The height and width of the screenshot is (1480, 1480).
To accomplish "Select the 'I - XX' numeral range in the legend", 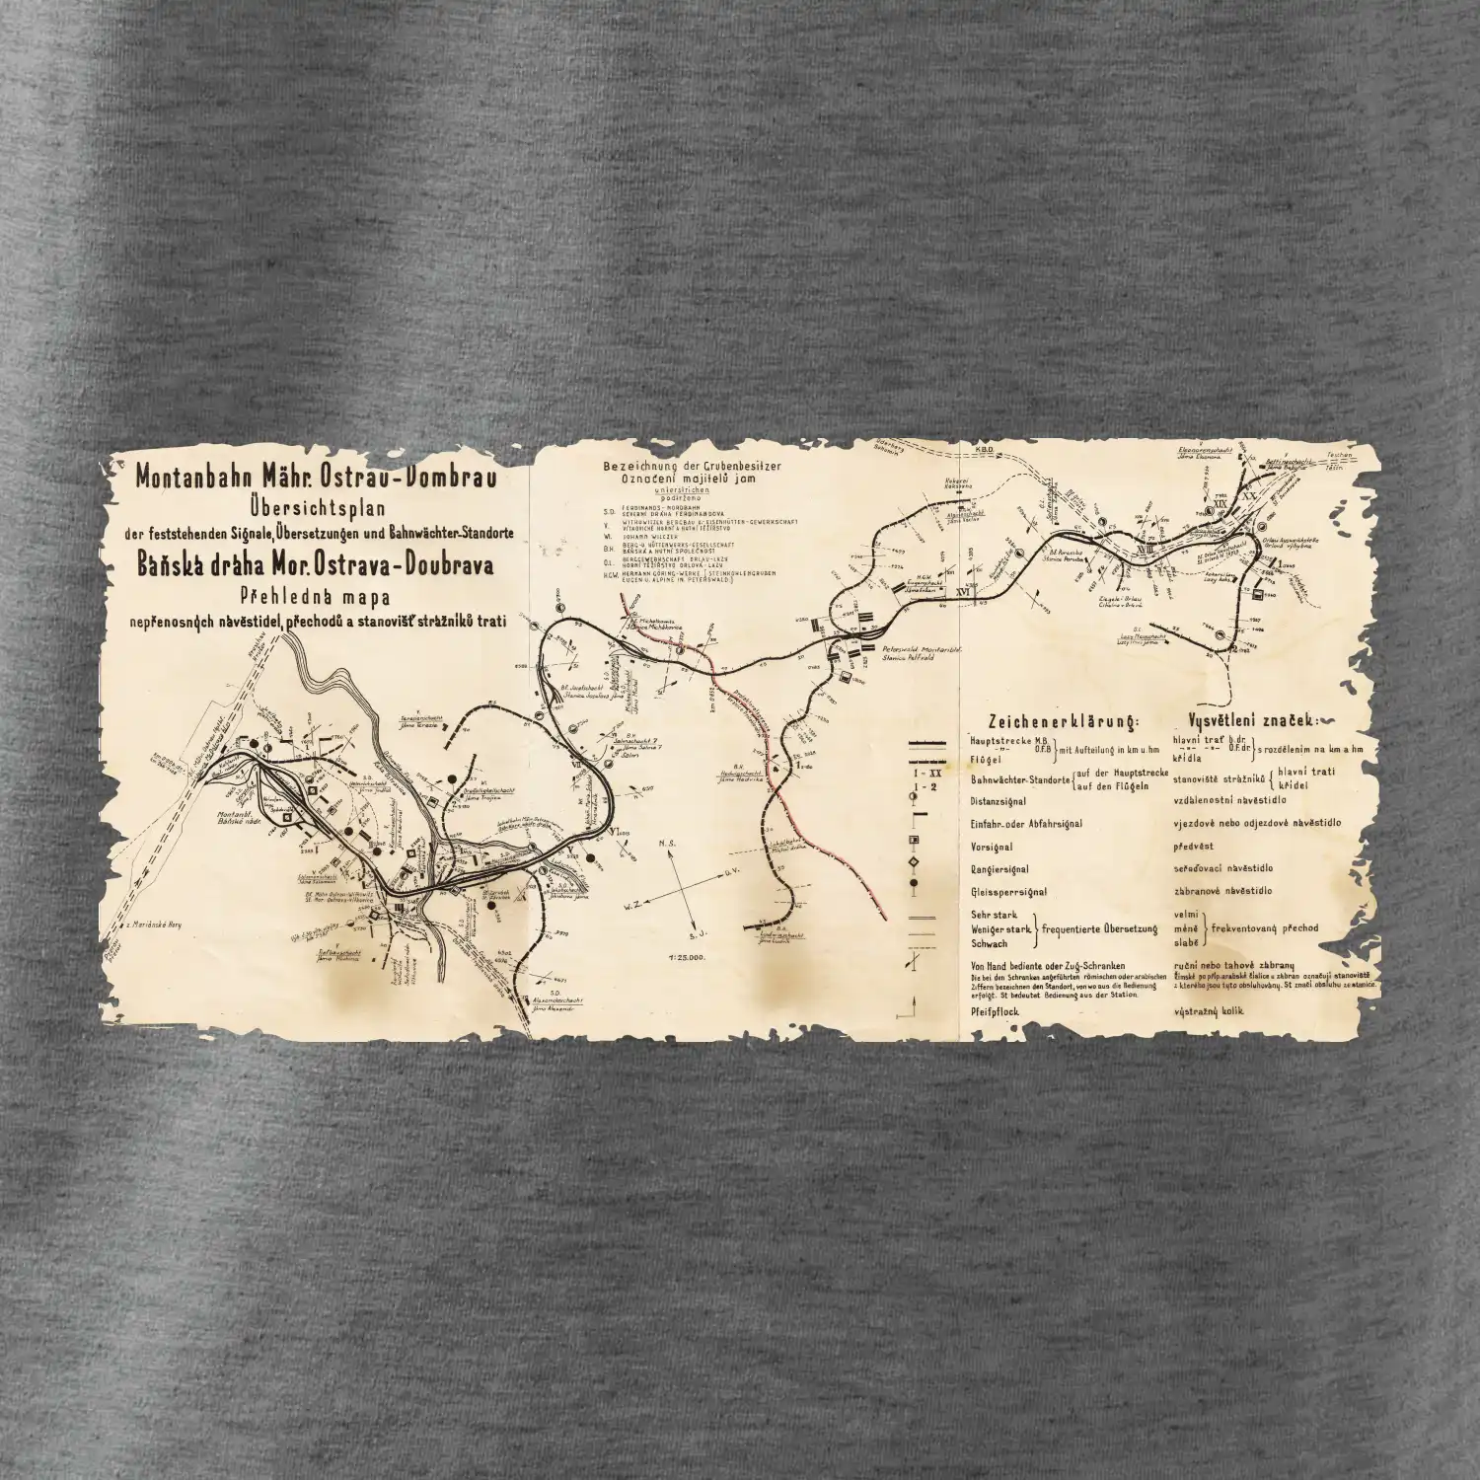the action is tap(914, 779).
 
